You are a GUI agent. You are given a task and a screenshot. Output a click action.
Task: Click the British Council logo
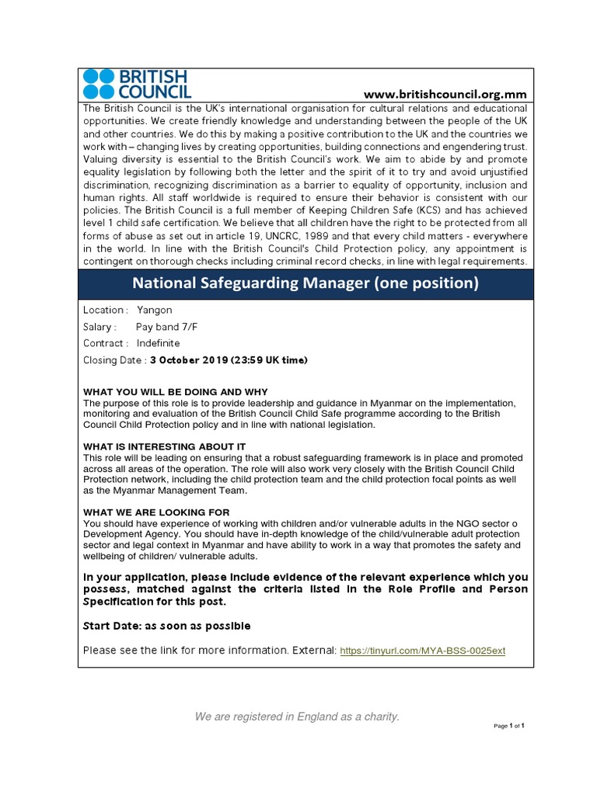[135, 84]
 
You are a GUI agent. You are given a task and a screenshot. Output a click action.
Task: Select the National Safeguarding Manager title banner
[305, 283]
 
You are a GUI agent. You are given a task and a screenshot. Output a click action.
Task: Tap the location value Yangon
[154, 310]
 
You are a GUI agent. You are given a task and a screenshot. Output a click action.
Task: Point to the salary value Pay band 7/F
[166, 327]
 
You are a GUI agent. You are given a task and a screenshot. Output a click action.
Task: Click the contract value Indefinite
[158, 343]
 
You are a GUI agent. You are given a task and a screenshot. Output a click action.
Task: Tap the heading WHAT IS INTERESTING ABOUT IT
[164, 446]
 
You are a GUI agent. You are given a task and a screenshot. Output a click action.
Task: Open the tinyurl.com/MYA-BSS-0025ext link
[423, 650]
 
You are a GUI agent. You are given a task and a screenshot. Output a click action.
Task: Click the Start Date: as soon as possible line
[166, 626]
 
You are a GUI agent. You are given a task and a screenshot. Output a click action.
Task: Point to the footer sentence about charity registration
[297, 717]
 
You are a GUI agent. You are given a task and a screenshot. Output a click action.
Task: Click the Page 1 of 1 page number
[509, 726]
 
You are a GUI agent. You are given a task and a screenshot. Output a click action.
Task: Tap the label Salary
[99, 327]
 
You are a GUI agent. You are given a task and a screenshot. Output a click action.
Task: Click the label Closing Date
[113, 359]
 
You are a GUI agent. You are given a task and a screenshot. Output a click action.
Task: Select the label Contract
[105, 343]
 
